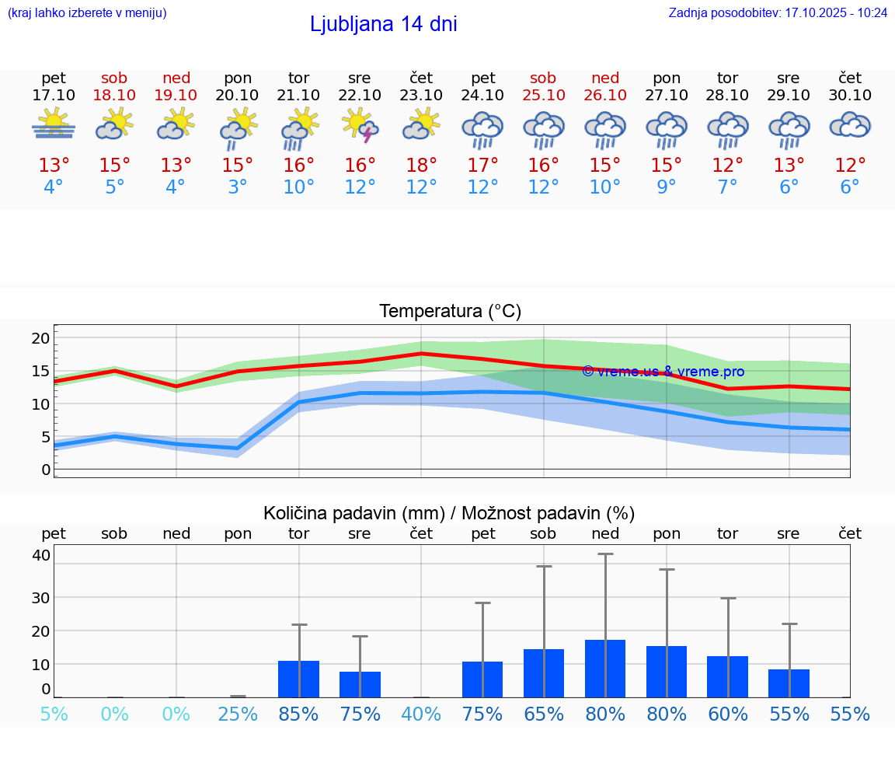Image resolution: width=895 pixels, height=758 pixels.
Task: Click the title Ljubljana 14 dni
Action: coord(383,24)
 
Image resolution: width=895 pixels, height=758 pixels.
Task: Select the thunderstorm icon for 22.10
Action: coord(360,125)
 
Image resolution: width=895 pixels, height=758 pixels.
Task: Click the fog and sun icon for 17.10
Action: coord(54,124)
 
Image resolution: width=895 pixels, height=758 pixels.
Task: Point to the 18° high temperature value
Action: coord(421,166)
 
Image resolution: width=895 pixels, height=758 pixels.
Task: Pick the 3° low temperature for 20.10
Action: coord(237,187)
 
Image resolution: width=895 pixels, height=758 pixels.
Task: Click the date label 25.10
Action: coord(543,95)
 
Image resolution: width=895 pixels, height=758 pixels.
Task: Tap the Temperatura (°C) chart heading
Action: coord(450,312)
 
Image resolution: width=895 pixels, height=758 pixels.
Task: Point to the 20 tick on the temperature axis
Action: coord(40,338)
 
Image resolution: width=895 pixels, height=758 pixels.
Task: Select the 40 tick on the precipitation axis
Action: coord(41,555)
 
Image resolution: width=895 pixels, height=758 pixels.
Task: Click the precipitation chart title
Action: coord(448,513)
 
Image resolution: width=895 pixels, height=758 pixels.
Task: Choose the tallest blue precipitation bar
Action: coord(605,669)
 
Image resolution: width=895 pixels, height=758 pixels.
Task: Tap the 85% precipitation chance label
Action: coord(298,714)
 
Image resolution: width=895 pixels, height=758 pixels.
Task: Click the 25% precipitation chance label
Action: coord(237,714)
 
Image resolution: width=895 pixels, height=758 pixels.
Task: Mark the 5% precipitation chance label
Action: coord(54,714)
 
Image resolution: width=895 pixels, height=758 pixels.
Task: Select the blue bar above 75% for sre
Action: coord(360,684)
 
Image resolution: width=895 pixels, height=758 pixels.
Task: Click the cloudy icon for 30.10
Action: coord(850,125)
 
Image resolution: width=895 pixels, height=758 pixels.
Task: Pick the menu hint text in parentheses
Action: coord(87,13)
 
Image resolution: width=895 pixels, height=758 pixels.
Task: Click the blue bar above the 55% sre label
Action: coord(789,683)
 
